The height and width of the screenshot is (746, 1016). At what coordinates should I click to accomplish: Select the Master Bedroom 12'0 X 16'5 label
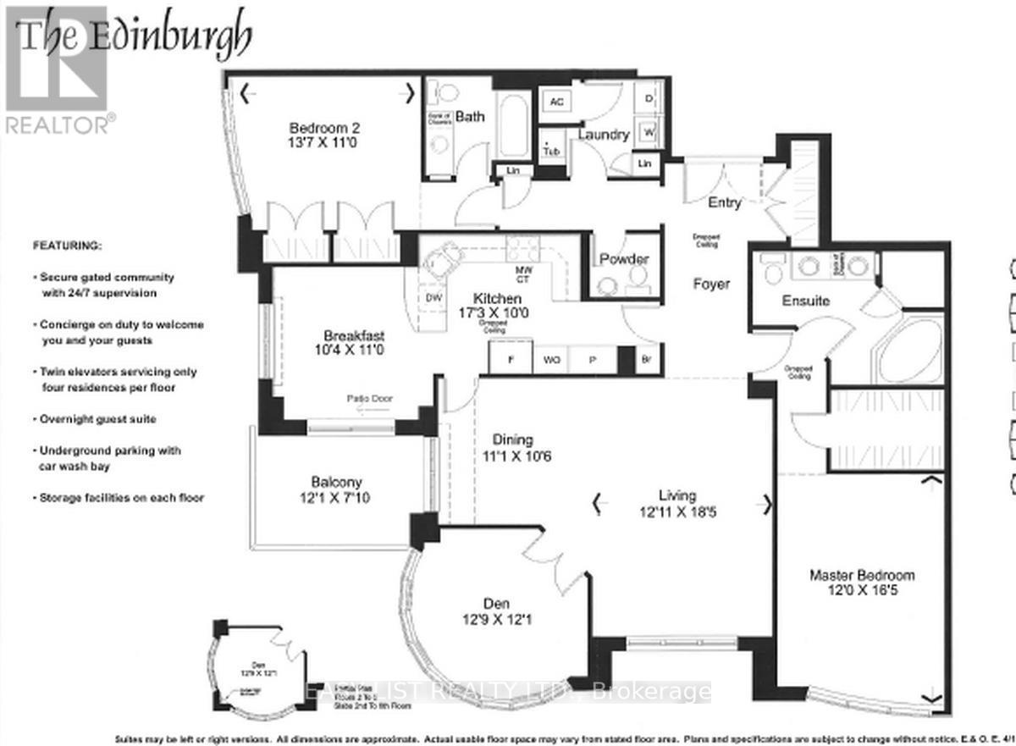[x=861, y=583]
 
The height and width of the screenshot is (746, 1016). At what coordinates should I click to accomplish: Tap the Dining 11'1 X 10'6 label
[x=513, y=448]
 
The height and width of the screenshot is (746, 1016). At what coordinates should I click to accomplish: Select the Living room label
[x=678, y=504]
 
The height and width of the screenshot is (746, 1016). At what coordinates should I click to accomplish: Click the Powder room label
[x=624, y=259]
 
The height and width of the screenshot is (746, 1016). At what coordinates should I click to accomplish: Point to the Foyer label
[x=710, y=285]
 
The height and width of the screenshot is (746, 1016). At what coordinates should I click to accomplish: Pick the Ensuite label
[x=805, y=301]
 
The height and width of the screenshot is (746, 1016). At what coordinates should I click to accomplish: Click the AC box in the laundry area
[x=556, y=101]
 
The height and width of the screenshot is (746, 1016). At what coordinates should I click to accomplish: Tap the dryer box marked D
[x=649, y=99]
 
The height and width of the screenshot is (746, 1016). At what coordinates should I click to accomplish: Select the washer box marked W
[x=649, y=131]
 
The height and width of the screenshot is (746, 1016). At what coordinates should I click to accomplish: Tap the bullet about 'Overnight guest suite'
[x=97, y=419]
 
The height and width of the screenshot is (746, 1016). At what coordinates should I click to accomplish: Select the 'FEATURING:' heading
[x=67, y=246]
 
